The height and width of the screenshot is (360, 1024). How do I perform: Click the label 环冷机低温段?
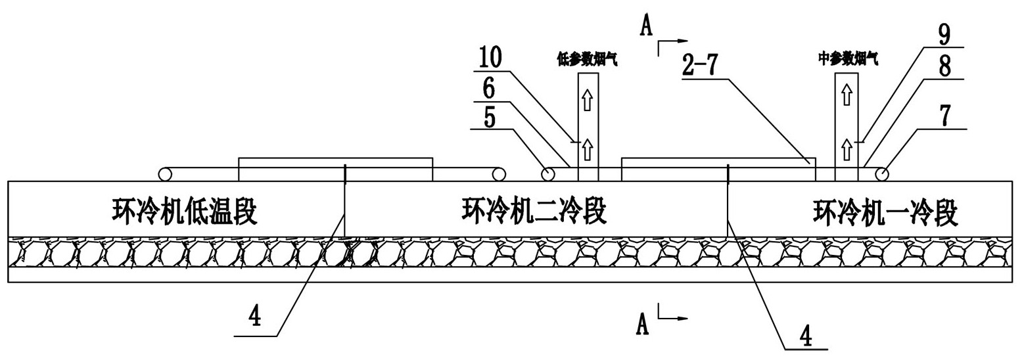tap(185, 213)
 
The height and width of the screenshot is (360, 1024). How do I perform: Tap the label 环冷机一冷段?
tap(885, 213)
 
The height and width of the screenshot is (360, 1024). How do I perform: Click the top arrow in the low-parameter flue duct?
tap(588, 101)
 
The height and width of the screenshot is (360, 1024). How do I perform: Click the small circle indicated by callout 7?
tap(881, 175)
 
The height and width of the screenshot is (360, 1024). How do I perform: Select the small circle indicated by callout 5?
tap(547, 175)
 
